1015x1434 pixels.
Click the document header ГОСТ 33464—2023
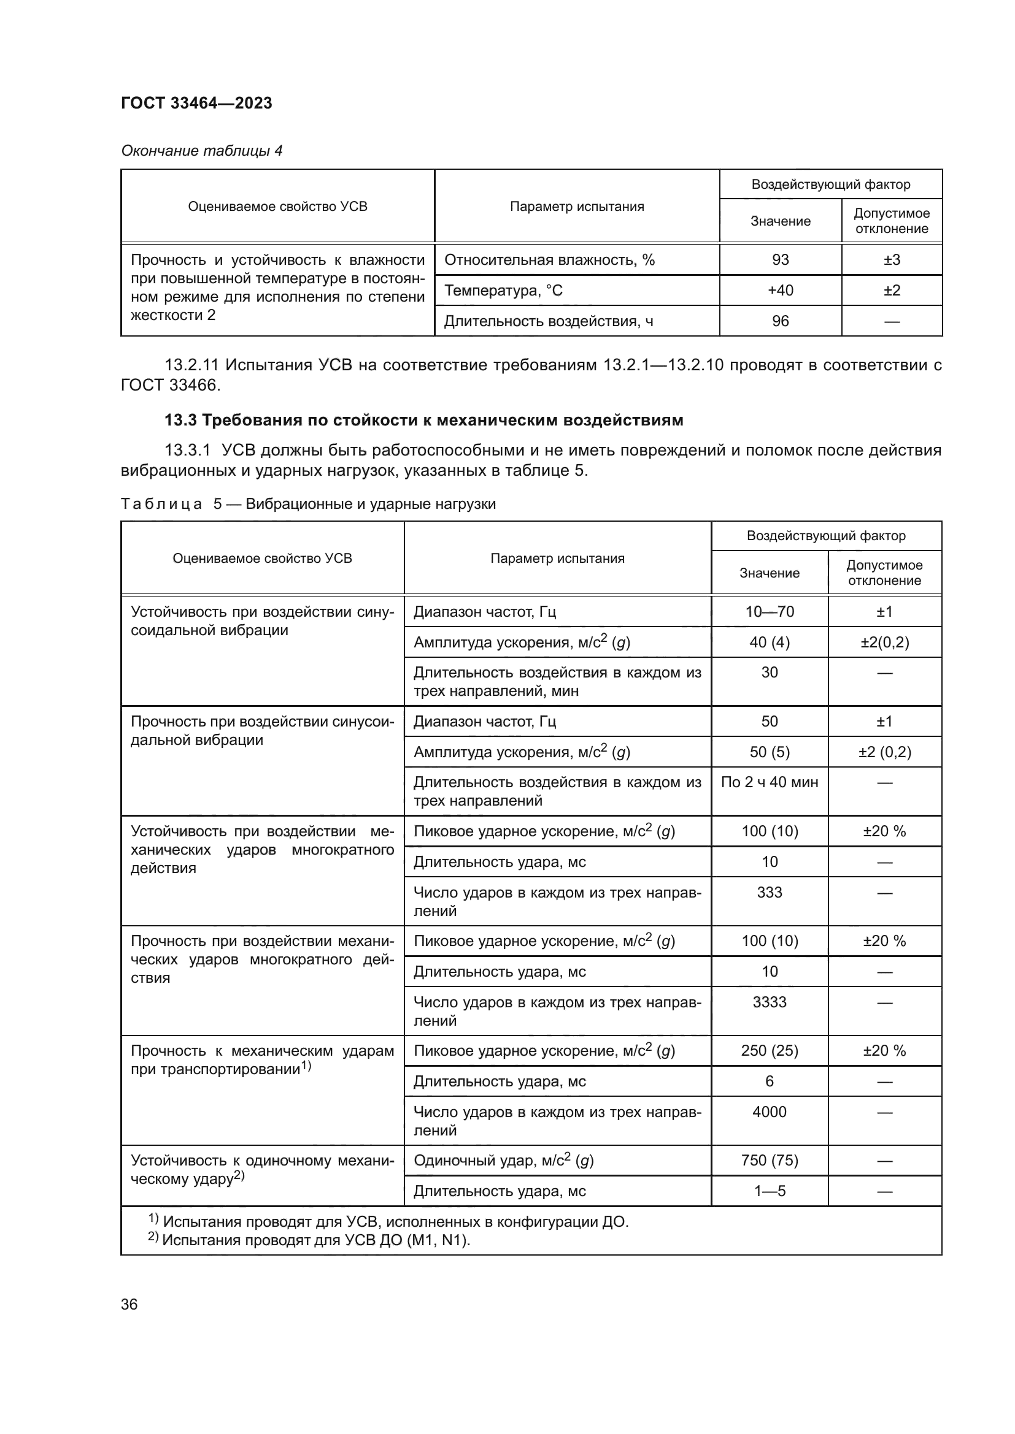tap(196, 103)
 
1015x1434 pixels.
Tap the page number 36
tap(129, 1304)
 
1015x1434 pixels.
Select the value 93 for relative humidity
tap(780, 260)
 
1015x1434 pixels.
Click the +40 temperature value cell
tap(780, 291)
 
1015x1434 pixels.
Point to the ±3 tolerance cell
tap(891, 260)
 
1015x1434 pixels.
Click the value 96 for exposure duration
tap(780, 321)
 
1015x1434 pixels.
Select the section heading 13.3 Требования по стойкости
tap(424, 420)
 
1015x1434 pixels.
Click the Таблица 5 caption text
tap(307, 504)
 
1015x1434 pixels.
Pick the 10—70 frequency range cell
tap(770, 611)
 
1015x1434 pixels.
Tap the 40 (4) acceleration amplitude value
tap(770, 642)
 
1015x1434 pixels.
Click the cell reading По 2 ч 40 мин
tap(770, 782)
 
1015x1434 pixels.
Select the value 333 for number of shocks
tap(770, 892)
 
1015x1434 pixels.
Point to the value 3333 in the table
tap(770, 1002)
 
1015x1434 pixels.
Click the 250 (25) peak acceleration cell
tap(770, 1051)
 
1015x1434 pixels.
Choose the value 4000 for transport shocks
tap(770, 1112)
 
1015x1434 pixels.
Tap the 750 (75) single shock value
tap(770, 1161)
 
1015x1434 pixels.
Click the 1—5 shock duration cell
tap(770, 1191)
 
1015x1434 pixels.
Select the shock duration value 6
tap(770, 1081)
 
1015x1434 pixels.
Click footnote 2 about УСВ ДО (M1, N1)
tap(309, 1240)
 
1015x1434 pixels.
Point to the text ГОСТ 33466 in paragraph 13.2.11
tap(170, 386)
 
